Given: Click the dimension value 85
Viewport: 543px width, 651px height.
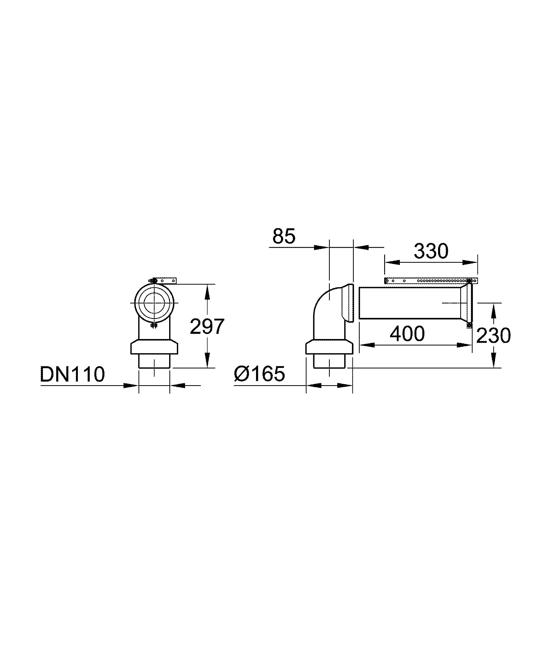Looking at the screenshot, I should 284,236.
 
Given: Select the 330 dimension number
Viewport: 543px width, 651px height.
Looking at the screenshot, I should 431,251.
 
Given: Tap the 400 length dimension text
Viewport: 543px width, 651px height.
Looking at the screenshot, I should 407,334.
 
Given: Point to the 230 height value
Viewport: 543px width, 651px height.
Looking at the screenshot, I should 493,335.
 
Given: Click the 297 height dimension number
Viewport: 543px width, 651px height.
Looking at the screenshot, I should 207,326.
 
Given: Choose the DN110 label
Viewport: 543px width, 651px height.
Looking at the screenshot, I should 72,374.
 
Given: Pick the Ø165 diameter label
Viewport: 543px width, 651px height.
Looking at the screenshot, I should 259,374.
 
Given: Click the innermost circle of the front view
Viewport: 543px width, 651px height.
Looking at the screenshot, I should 154,303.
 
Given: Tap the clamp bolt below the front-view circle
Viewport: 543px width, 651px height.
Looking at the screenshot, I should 154,325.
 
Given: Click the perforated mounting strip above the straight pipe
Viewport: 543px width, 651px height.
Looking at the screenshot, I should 431,281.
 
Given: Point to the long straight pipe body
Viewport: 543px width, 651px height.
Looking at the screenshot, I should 409,303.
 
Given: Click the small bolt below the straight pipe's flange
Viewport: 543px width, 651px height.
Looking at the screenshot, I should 469,325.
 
